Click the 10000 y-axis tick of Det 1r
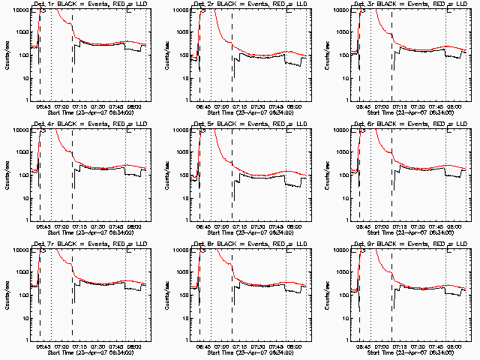pos(19,10)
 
